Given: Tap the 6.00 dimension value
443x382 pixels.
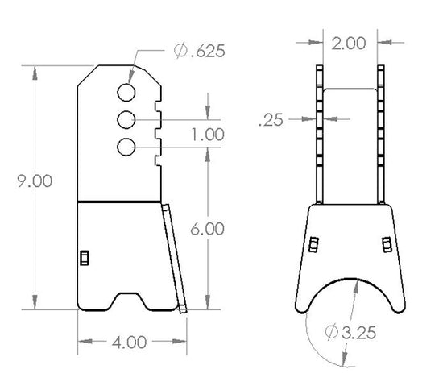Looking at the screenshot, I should coord(208,229).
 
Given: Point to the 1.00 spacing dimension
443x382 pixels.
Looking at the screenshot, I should coord(208,135).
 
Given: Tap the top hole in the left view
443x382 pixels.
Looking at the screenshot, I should coord(126,90).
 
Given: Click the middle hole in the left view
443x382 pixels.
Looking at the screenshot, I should coord(126,120).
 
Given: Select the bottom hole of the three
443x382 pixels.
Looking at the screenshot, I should coord(126,147).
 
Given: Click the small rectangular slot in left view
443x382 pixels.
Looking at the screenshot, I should coord(83,257).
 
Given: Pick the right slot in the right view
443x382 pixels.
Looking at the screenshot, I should coord(386,244).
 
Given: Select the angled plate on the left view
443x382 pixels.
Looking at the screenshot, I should coord(174,256).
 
